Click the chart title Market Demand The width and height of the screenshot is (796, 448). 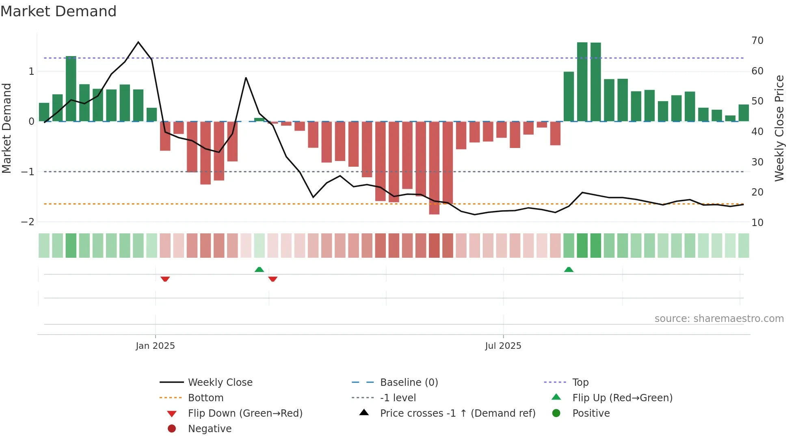pos(58,11)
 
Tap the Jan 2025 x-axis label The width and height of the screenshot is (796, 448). pos(155,346)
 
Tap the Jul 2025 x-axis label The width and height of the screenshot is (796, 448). pos(503,346)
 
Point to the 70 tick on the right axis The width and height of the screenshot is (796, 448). pos(757,41)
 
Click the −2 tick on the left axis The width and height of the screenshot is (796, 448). pos(28,222)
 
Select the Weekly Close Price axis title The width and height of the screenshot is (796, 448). pos(779,128)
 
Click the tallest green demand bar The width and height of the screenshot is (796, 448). pos(582,81)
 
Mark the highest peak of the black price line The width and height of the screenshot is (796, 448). pos(138,42)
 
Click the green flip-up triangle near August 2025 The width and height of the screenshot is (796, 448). pos(569,270)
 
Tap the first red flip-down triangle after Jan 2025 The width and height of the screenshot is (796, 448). pos(165,279)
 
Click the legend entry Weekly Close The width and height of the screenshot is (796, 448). pos(220,383)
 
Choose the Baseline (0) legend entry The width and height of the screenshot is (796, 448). pos(409,383)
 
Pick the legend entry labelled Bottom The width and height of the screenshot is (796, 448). pos(205,398)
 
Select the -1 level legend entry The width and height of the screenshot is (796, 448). pos(398,398)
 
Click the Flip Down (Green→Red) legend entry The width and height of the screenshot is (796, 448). pos(245,413)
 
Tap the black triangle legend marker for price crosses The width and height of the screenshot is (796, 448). pos(364,413)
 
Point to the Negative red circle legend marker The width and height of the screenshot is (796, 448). pos(172,428)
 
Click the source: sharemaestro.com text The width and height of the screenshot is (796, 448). pos(719,319)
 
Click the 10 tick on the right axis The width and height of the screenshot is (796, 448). pos(757,223)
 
